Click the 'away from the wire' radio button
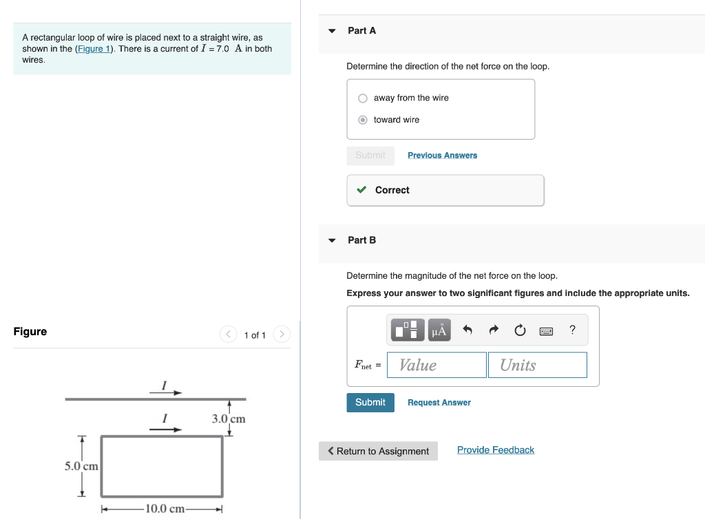pos(363,98)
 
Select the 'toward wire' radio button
pos(363,120)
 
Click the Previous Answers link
pos(442,156)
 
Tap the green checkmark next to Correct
pos(361,190)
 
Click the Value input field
pos(436,365)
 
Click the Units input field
pos(537,365)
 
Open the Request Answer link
pos(439,403)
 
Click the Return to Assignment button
pos(378,451)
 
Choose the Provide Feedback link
pos(496,450)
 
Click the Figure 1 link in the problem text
pos(93,49)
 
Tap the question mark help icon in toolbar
pos(572,330)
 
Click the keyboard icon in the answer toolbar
pos(546,331)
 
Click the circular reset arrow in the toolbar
pos(520,331)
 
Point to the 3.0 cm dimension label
pos(229,419)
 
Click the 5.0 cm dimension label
pos(81,466)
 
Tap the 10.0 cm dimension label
pos(162,509)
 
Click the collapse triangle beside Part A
pos(332,31)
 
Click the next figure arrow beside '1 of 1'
pos(282,335)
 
